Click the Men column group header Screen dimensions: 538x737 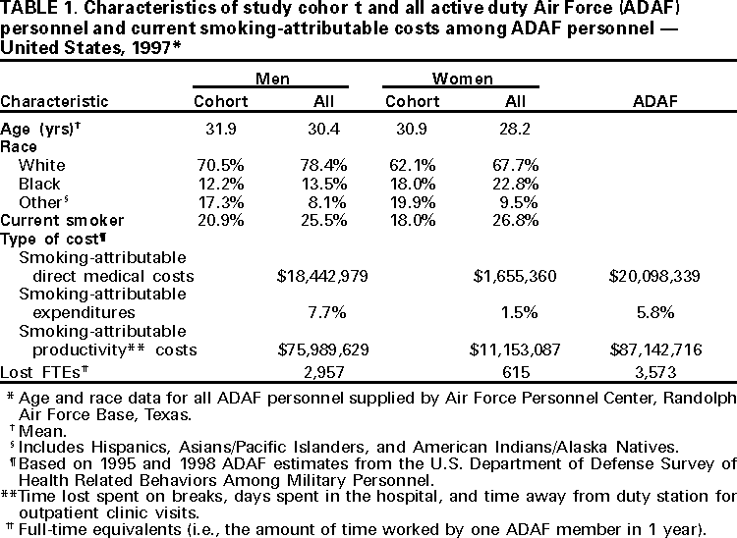tap(270, 78)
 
